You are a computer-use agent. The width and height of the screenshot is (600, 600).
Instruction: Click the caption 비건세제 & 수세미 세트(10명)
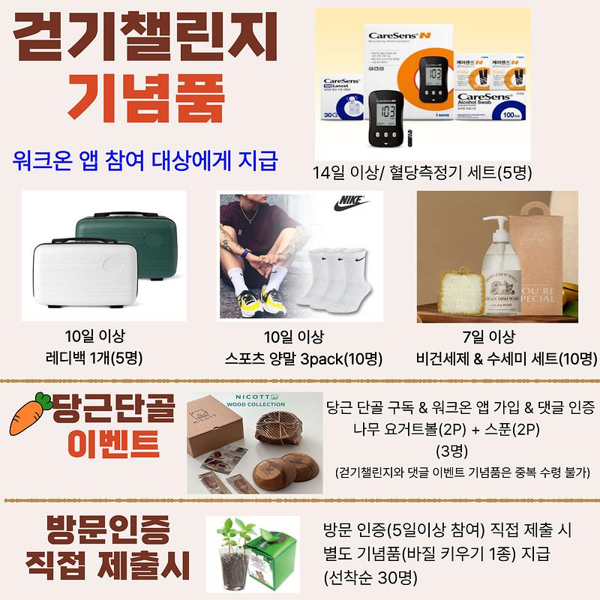click(x=496, y=358)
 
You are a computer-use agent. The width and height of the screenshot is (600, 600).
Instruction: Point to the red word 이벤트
click(x=113, y=443)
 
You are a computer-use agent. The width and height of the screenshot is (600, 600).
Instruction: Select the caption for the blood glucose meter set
click(x=423, y=172)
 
